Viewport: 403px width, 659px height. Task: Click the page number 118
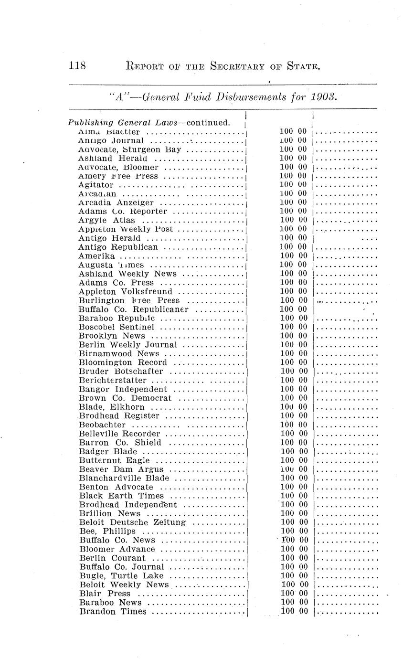coord(76,65)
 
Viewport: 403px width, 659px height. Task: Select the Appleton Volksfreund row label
coord(125,291)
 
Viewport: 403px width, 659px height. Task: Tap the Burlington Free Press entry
coord(129,300)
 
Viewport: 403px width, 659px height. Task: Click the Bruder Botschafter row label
coord(121,371)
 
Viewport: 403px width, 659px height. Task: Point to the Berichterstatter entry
coord(113,380)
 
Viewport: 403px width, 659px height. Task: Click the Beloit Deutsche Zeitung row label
coord(132,522)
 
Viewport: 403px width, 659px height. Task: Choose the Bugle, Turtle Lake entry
coord(121,576)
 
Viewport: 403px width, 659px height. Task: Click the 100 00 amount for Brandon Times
coord(294,611)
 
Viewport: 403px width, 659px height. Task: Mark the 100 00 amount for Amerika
coord(293,256)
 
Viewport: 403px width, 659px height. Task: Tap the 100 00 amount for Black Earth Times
coord(294,496)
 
